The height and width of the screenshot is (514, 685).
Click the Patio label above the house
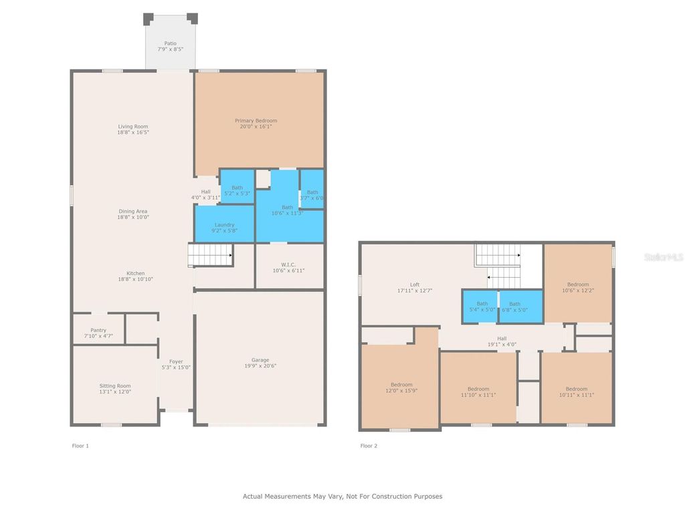click(x=171, y=44)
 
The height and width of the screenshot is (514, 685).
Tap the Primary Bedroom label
click(x=256, y=121)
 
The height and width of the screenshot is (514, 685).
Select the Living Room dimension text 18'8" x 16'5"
click(x=133, y=133)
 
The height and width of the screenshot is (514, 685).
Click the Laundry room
click(x=224, y=225)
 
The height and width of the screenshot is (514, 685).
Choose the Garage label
click(x=260, y=360)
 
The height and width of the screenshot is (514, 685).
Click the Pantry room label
click(x=98, y=330)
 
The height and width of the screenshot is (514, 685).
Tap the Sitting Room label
click(x=115, y=386)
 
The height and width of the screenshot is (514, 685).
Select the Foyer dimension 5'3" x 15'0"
click(x=176, y=367)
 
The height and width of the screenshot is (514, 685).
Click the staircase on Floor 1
click(x=209, y=255)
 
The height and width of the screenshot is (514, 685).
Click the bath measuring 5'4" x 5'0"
click(x=479, y=307)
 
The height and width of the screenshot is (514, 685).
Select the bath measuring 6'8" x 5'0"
click(x=520, y=307)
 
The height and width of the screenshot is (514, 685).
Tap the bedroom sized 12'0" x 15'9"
click(x=401, y=388)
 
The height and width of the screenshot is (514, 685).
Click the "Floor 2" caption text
click(x=369, y=446)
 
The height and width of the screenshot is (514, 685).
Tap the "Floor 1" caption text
click(x=80, y=446)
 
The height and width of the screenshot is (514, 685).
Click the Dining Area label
click(x=133, y=211)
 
